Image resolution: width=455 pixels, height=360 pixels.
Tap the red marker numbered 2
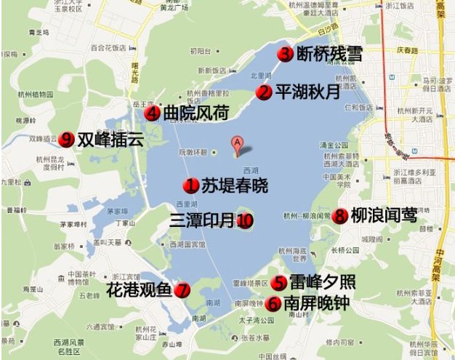click(265, 92)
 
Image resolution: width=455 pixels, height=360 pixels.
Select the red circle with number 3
click(285, 53)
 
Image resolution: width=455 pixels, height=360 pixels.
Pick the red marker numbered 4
click(152, 113)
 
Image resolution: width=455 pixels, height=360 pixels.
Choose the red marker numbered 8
click(339, 216)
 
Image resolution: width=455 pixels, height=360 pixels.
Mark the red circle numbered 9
click(67, 138)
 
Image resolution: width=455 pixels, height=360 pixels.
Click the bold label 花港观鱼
click(139, 290)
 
